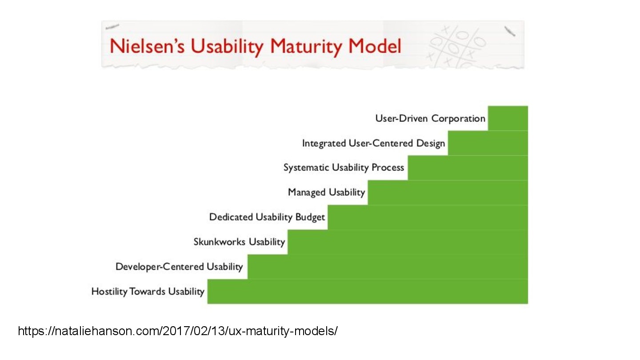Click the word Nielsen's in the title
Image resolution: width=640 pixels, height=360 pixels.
click(147, 46)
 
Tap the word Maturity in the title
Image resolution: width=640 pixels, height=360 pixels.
click(305, 47)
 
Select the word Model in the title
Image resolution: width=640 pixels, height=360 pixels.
click(375, 46)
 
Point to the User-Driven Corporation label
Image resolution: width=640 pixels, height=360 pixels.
click(430, 119)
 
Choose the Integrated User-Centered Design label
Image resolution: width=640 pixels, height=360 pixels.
click(374, 144)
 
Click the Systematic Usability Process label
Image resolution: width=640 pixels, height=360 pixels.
click(344, 168)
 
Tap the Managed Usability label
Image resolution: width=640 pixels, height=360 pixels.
click(327, 192)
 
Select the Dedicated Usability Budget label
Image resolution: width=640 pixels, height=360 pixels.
click(267, 217)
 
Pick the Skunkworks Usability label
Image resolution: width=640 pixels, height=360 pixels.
click(240, 242)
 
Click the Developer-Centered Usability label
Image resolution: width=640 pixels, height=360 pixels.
click(179, 267)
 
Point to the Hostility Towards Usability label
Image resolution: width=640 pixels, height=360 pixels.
click(148, 292)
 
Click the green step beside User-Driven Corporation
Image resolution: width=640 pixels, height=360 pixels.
click(508, 118)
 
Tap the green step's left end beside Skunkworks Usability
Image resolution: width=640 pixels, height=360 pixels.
click(288, 242)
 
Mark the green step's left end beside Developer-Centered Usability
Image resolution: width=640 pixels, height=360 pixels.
click(248, 267)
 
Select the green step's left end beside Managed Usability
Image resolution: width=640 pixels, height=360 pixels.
click(368, 192)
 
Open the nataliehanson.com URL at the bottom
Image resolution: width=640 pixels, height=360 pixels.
click(178, 331)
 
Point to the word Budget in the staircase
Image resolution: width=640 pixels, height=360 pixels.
click(310, 217)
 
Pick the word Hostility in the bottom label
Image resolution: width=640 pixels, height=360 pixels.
click(109, 292)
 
